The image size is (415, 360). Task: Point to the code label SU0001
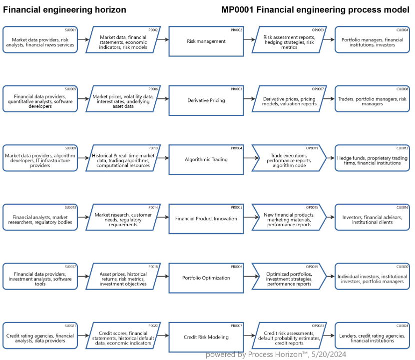click(x=70, y=30)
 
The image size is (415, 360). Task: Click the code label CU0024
click(x=402, y=326)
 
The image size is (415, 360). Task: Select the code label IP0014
click(x=152, y=207)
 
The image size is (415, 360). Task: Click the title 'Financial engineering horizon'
click(x=65, y=10)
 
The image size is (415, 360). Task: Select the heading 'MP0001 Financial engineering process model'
click(x=315, y=10)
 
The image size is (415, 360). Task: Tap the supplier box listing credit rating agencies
click(x=40, y=337)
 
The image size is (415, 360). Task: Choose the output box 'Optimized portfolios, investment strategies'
click(x=289, y=278)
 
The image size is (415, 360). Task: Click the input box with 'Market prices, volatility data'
click(x=123, y=100)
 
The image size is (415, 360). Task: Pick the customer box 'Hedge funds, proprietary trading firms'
click(x=372, y=160)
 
